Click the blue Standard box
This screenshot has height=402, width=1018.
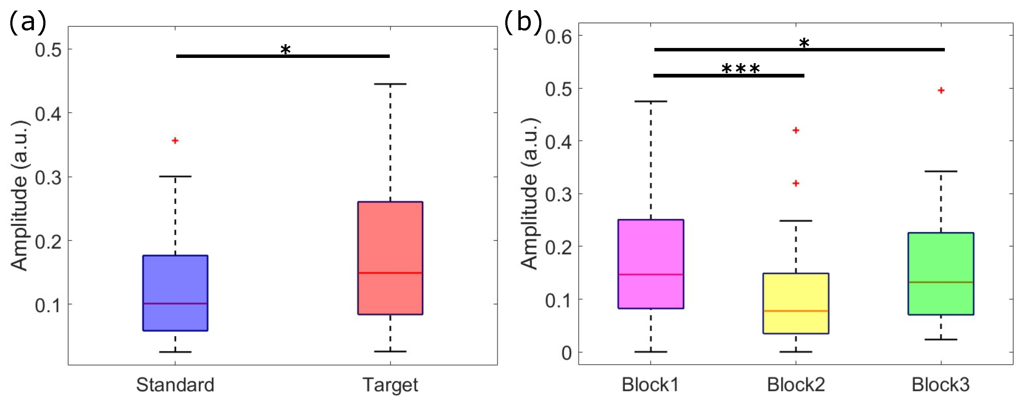(x=175, y=293)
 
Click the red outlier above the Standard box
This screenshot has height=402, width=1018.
(x=175, y=141)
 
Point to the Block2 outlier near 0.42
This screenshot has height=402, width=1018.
(x=796, y=130)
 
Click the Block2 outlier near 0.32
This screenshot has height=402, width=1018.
(x=796, y=183)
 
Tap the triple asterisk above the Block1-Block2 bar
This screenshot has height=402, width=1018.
(x=741, y=69)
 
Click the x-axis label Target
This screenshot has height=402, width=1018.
(x=390, y=385)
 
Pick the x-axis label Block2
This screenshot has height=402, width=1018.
(x=796, y=385)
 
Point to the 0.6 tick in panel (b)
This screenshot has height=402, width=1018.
(x=558, y=37)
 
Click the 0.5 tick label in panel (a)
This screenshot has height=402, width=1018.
(x=48, y=50)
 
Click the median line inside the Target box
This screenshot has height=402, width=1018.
(x=390, y=273)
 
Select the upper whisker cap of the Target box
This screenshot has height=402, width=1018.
(x=390, y=84)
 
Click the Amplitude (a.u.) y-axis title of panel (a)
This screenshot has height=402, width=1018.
(x=20, y=196)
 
